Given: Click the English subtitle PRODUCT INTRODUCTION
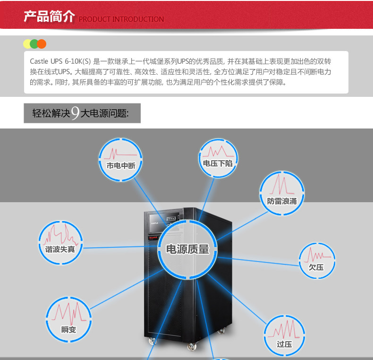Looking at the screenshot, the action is click(x=121, y=19).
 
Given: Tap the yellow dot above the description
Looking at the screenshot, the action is click(x=27, y=44).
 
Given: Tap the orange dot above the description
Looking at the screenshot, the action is click(x=42, y=44).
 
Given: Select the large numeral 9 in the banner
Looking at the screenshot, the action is click(x=75, y=114).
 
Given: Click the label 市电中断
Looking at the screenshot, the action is click(x=121, y=166).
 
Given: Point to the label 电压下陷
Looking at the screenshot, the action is click(x=217, y=163).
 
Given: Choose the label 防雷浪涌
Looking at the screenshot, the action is click(x=282, y=200).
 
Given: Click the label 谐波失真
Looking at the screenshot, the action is click(x=60, y=248).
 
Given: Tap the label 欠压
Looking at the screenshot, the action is click(x=316, y=267).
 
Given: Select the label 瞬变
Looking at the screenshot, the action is click(x=68, y=329).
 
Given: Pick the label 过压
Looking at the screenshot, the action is click(x=284, y=344).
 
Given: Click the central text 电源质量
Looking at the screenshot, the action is click(x=187, y=249).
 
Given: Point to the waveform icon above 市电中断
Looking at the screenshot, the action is click(x=120, y=153).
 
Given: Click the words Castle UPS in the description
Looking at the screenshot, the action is click(x=47, y=61).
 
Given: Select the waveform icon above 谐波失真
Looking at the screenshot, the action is click(x=60, y=233).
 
